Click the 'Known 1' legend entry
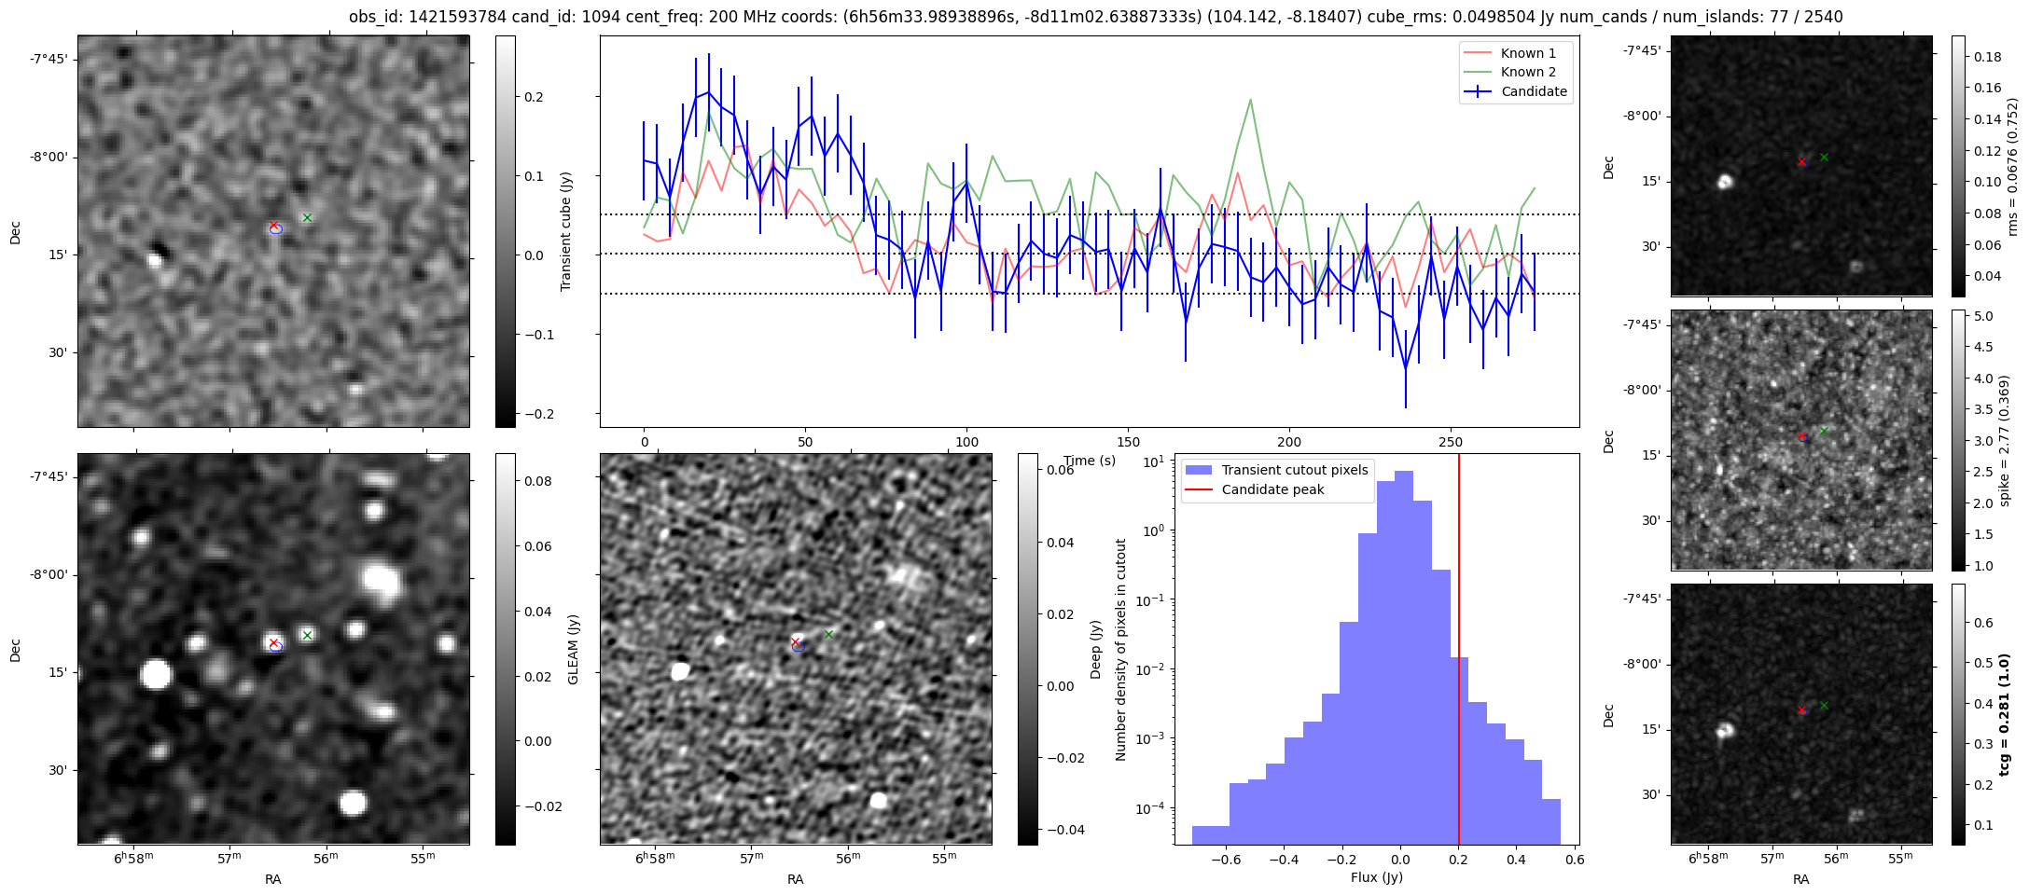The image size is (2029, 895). pos(1527,53)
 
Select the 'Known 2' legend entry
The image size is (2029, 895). pos(1527,72)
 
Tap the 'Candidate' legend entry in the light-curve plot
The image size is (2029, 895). pos(1534,91)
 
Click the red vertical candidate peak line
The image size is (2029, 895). pos(1459,653)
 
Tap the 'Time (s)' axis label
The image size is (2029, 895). pos(1090,461)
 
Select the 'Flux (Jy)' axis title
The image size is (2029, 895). pos(1376,877)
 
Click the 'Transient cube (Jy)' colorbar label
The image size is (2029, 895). pos(565,231)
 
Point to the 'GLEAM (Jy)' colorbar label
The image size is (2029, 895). pos(573,649)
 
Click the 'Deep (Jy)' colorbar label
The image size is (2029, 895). pos(1095,649)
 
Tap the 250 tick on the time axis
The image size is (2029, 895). pos(1451,442)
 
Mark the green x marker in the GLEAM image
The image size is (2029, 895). pos(307,635)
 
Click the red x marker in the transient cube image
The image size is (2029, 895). pos(273,227)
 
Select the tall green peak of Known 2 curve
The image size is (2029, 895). pos(1250,100)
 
